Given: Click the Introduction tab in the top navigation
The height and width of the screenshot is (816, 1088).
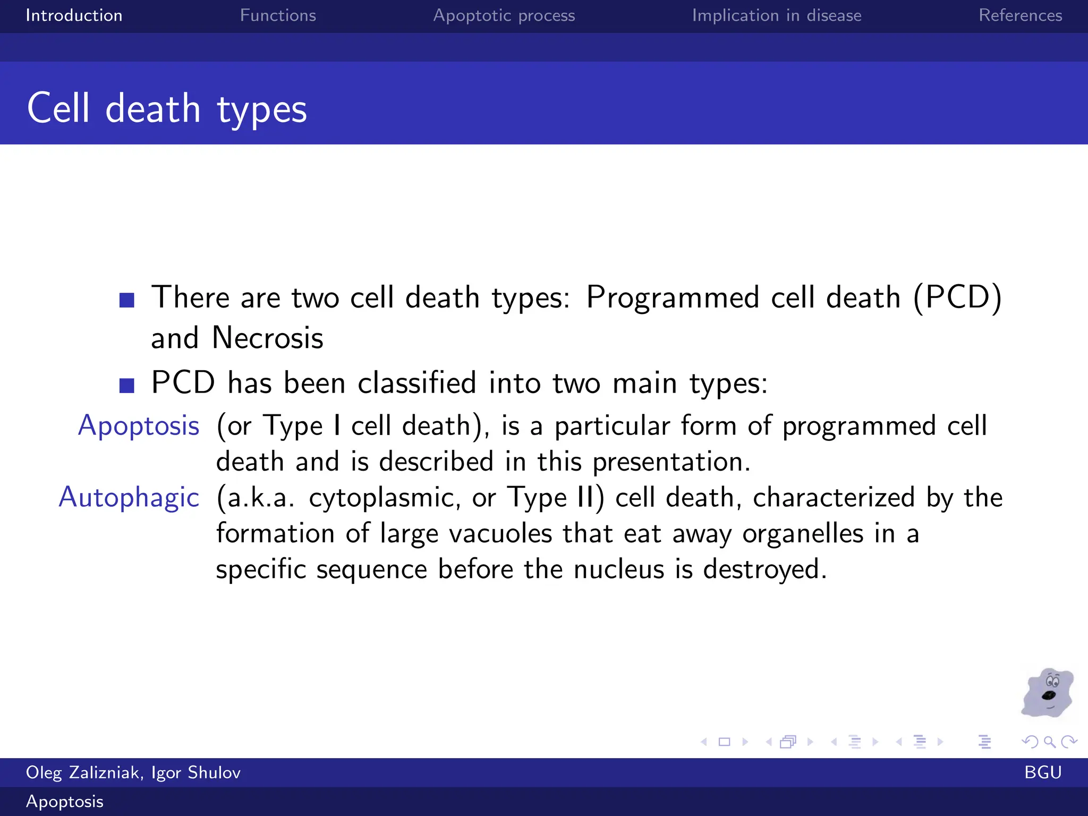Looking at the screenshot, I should click(74, 15).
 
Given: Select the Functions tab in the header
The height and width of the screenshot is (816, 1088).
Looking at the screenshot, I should click(278, 15).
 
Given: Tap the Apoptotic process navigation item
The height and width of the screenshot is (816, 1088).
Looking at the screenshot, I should click(504, 15).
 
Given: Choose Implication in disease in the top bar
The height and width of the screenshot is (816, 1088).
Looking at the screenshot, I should click(776, 15).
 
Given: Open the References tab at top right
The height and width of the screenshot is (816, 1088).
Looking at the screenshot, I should click(1020, 15).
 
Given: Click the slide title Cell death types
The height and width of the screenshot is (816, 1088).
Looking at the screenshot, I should click(167, 108).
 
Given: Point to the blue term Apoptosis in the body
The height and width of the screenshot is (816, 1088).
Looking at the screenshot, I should click(139, 426).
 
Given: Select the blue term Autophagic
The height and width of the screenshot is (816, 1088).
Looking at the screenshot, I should click(129, 498).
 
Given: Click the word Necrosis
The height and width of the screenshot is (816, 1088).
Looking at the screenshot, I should click(267, 338).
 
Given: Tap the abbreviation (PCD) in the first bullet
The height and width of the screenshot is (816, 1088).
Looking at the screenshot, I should click(957, 297).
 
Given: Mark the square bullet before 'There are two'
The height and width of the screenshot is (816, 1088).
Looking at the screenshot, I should click(127, 300).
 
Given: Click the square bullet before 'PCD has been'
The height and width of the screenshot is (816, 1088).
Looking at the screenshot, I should click(127, 385).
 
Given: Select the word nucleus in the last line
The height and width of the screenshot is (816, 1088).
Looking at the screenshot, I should click(619, 569).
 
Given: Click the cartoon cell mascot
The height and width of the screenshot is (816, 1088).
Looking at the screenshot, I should click(1047, 693).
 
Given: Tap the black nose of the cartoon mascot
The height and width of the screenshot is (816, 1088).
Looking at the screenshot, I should click(1049, 695).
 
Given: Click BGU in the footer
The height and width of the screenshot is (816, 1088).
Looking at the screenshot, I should click(1042, 772).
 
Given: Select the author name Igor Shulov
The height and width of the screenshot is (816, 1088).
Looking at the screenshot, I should click(195, 772).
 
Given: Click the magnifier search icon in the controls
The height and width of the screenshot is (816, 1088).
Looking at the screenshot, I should click(1049, 742).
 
